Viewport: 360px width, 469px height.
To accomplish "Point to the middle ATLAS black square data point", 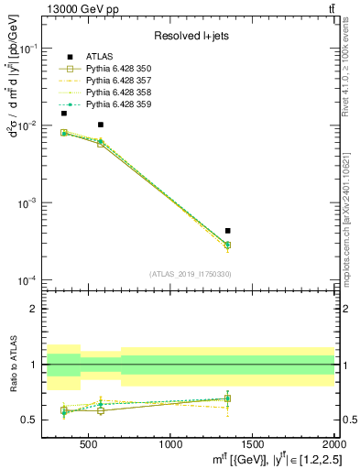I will tap(101, 125).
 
